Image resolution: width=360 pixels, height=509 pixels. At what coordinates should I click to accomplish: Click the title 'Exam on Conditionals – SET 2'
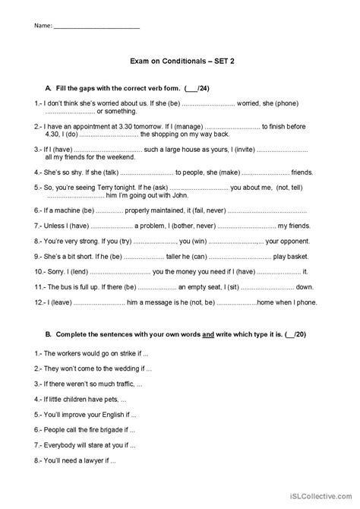179,65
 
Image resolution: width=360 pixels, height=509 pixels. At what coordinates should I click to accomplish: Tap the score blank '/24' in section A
197,88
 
